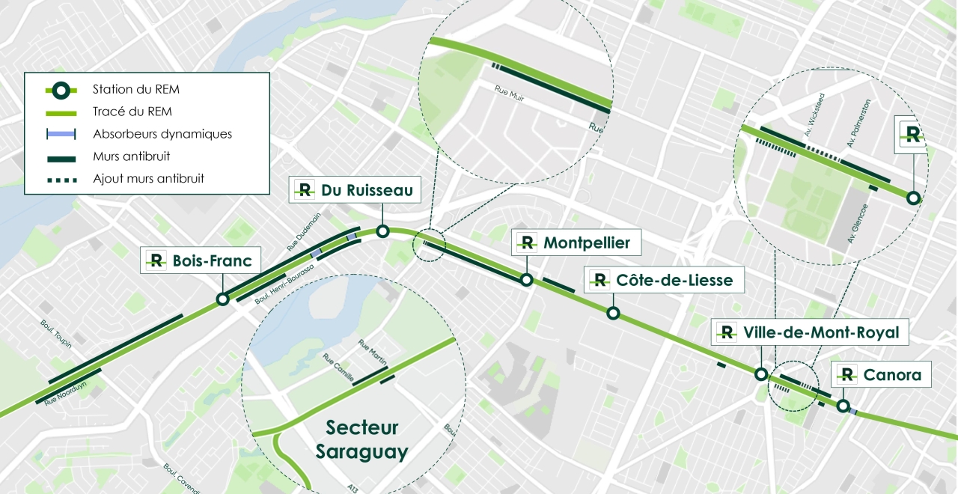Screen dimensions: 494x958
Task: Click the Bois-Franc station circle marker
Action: (222, 299)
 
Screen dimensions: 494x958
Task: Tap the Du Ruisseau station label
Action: (367, 191)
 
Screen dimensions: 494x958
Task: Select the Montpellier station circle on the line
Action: (526, 280)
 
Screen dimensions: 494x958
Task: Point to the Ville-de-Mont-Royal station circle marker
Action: (760, 375)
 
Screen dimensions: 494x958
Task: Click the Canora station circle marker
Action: (843, 406)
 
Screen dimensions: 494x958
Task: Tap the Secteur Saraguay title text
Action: (362, 439)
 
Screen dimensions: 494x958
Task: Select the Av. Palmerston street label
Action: (859, 122)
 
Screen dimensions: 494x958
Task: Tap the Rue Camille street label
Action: (339, 367)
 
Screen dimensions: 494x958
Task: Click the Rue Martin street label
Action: (372, 353)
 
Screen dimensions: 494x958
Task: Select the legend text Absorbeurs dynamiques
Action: (162, 135)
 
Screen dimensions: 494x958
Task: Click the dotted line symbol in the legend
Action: (61, 179)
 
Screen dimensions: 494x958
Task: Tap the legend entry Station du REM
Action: (135, 90)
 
